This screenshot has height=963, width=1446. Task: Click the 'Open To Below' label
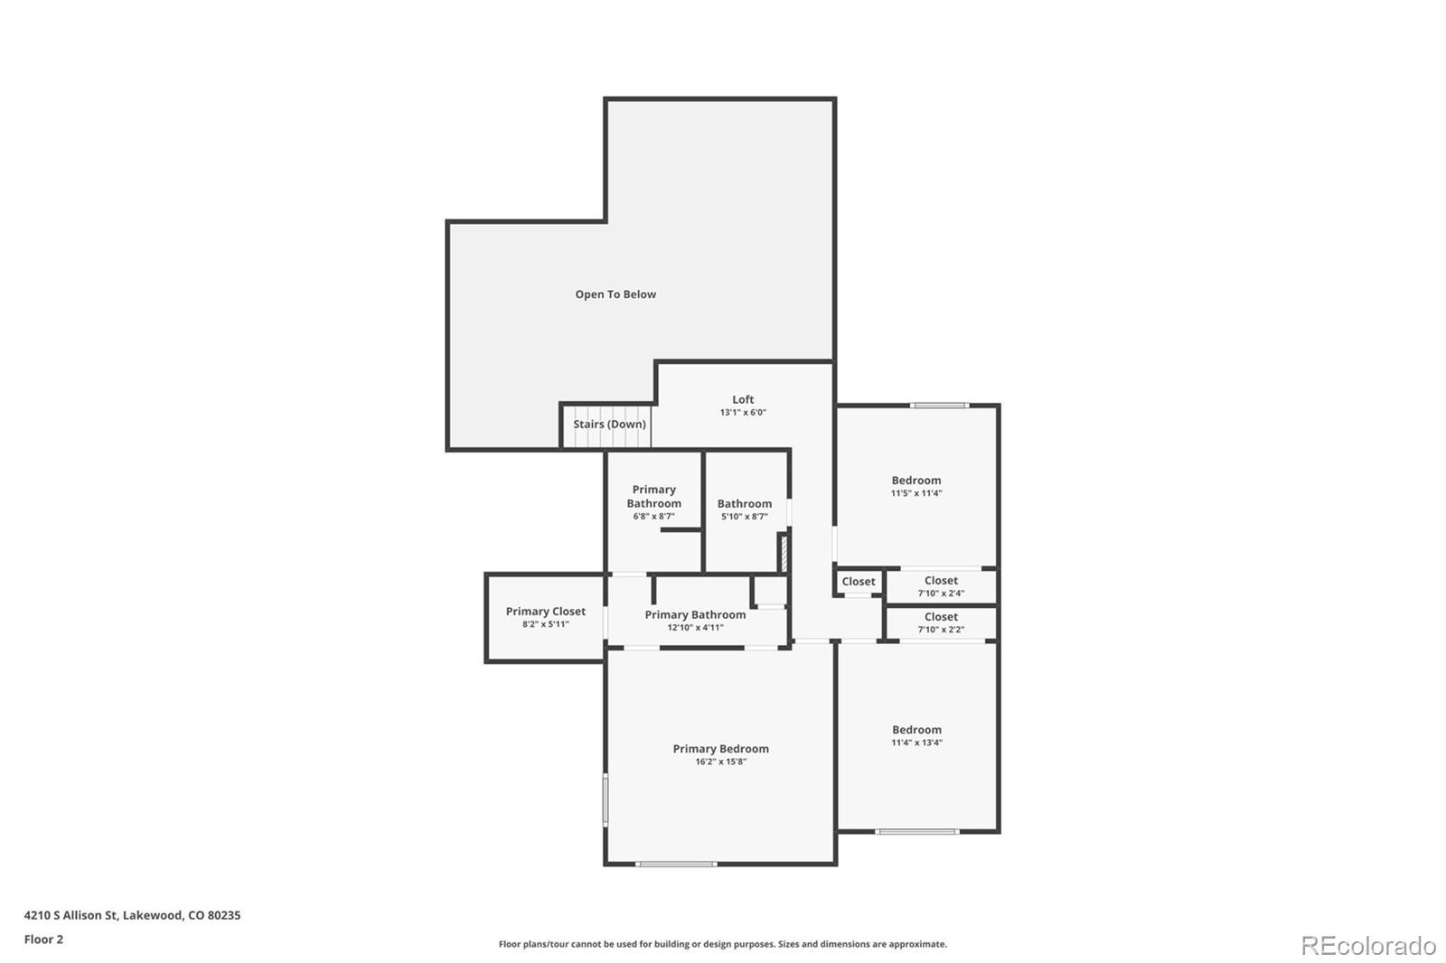pyautogui.click(x=615, y=295)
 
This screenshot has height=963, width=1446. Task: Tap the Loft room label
pyautogui.click(x=743, y=399)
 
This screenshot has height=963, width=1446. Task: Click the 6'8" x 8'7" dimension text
pyautogui.click(x=653, y=517)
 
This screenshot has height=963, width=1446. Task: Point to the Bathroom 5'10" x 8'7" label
pyautogui.click(x=745, y=504)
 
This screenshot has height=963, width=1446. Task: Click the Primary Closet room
pyautogui.click(x=545, y=617)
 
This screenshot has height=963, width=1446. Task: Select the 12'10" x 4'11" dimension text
pyautogui.click(x=695, y=628)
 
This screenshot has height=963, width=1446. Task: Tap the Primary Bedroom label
pyautogui.click(x=720, y=749)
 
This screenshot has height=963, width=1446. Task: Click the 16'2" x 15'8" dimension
pyautogui.click(x=720, y=762)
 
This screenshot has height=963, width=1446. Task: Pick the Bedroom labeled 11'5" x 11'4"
pyautogui.click(x=916, y=486)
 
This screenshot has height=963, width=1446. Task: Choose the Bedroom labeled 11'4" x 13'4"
pyautogui.click(x=916, y=735)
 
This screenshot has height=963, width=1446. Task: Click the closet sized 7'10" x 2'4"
pyautogui.click(x=941, y=586)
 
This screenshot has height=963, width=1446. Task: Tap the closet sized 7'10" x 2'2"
pyautogui.click(x=941, y=622)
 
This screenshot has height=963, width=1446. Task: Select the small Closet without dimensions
pyautogui.click(x=859, y=582)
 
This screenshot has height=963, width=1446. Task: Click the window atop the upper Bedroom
pyautogui.click(x=940, y=406)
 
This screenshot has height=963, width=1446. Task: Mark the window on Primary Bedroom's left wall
pyautogui.click(x=606, y=799)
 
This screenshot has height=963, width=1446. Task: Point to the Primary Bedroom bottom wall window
pyautogui.click(x=676, y=865)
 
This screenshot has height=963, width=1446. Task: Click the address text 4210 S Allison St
pyautogui.click(x=132, y=915)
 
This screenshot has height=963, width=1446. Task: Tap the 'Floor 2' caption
pyautogui.click(x=43, y=940)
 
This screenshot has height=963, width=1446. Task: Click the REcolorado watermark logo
pyautogui.click(x=1368, y=946)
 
